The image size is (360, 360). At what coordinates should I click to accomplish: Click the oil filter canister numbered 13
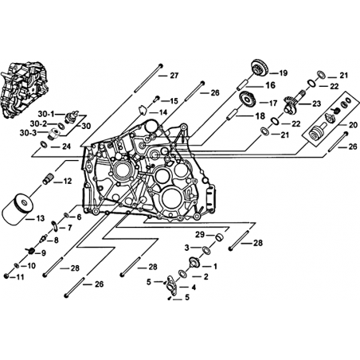point(18,210)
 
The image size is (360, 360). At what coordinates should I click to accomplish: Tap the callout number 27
point(174,76)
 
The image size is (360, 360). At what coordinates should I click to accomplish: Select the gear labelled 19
point(260,68)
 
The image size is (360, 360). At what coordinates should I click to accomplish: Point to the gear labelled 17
point(248,100)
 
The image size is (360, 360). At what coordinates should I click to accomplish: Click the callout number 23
point(316,104)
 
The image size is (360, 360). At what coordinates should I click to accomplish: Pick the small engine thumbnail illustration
point(24,90)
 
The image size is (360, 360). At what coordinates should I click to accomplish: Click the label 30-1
point(46,114)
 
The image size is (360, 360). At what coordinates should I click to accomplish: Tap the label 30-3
point(28,133)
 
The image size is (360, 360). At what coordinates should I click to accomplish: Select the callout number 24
point(67,147)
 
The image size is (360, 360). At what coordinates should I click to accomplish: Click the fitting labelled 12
point(49,178)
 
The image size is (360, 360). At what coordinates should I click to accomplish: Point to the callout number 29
point(200,235)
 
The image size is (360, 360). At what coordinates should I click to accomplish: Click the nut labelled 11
point(7,276)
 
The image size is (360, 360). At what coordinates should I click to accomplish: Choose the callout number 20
point(354,125)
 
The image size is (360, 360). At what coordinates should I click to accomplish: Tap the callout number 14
point(163,112)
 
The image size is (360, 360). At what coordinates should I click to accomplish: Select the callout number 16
point(271,85)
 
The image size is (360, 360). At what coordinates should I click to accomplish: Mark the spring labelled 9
point(31,250)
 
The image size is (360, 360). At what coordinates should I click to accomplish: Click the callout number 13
point(41,218)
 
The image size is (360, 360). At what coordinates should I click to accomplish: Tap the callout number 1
point(215,266)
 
